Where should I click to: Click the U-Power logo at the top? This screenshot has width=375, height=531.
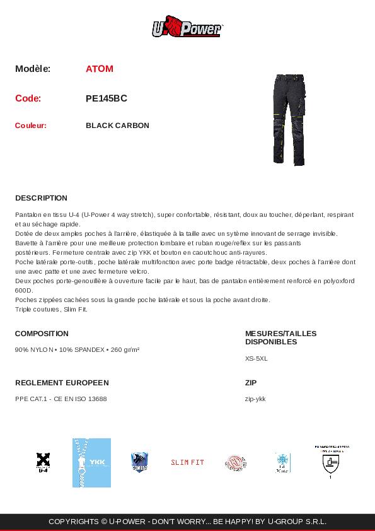(187, 28)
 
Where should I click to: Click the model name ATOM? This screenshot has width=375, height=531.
(100, 69)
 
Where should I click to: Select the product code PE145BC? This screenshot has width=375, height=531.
(107, 98)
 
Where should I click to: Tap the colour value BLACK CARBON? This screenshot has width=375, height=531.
(117, 125)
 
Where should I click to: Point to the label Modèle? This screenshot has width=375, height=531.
(33, 69)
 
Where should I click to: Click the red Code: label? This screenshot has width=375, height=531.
(28, 98)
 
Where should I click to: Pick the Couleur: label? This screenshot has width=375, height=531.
(31, 125)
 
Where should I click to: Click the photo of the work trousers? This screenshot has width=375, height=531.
(289, 119)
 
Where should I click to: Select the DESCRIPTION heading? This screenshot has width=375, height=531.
(41, 198)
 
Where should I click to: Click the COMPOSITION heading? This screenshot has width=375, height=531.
(42, 334)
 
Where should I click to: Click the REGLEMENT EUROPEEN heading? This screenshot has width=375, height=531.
(62, 383)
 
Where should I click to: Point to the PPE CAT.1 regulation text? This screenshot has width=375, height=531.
(61, 399)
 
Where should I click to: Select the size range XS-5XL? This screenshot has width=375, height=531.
(257, 358)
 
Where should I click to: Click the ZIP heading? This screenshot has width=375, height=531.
(251, 383)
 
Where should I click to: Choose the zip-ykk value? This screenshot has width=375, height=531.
(255, 399)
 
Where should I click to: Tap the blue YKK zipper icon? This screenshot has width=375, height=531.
(91, 462)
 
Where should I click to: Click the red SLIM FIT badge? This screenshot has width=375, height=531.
(187, 462)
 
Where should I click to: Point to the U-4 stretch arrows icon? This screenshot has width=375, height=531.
(43, 462)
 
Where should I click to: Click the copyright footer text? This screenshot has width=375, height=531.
(187, 522)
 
